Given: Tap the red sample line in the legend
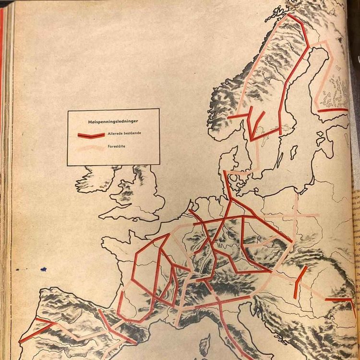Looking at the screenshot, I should pyautogui.click(x=91, y=134).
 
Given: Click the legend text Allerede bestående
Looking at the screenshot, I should pyautogui.click(x=124, y=132).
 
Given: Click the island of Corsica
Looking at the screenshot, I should pyautogui.click(x=205, y=345).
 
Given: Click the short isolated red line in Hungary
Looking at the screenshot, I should pyautogui.click(x=300, y=281).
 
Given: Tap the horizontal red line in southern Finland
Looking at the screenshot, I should pyautogui.click(x=331, y=110).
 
